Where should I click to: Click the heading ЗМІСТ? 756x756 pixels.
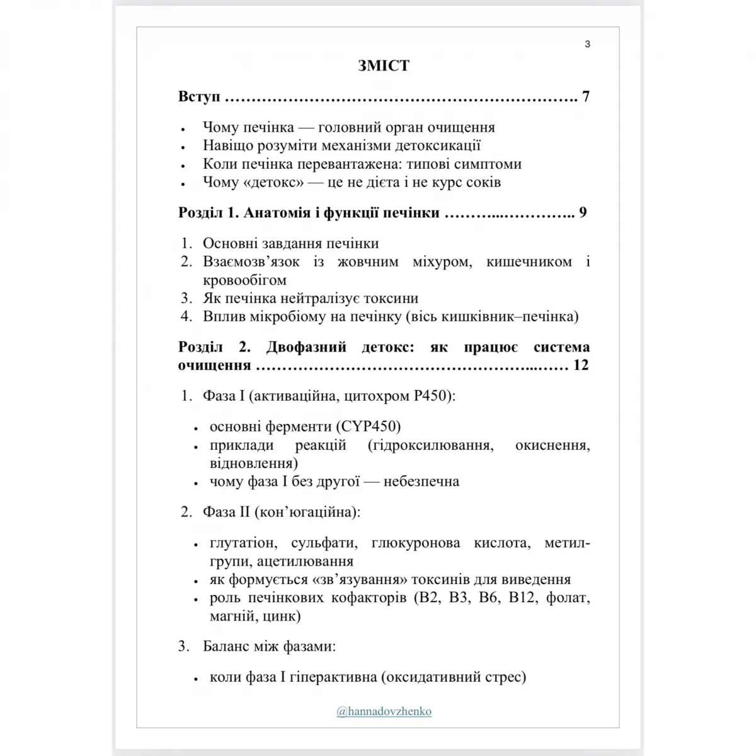(x=384, y=66)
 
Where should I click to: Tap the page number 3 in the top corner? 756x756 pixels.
(x=587, y=44)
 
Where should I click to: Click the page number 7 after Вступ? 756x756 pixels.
(x=586, y=97)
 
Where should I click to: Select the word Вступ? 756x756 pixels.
(x=199, y=97)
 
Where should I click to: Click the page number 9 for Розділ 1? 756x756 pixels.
(x=583, y=213)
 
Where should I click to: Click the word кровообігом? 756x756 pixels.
(x=244, y=280)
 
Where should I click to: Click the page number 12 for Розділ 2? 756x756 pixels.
(x=581, y=365)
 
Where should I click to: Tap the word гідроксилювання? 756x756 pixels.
(x=430, y=445)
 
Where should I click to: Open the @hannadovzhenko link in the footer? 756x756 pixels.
(x=384, y=711)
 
